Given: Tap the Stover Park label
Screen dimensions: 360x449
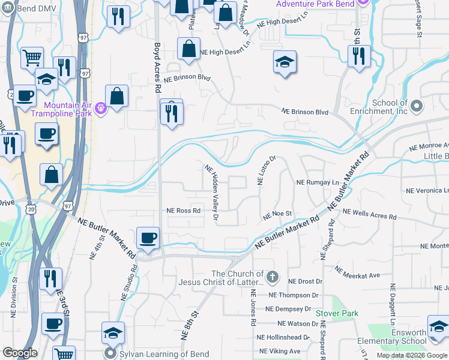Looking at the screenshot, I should pyautogui.click(x=337, y=313).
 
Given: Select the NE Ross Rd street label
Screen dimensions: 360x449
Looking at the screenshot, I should pyautogui.click(x=183, y=211).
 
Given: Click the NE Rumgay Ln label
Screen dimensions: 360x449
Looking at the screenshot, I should pyautogui.click(x=318, y=182).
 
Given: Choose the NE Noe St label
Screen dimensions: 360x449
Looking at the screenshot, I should pyautogui.click(x=277, y=214).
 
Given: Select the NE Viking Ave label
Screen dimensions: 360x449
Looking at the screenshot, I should pyautogui.click(x=279, y=351).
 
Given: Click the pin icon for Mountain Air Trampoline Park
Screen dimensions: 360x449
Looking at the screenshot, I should pyautogui.click(x=100, y=109).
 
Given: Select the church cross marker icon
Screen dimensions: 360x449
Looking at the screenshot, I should pyautogui.click(x=273, y=277).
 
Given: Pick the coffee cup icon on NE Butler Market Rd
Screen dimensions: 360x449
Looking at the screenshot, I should pyautogui.click(x=148, y=238).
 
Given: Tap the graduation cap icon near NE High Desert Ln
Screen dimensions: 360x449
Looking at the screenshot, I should pyautogui.click(x=285, y=62).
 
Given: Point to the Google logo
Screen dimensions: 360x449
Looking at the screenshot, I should pyautogui.click(x=20, y=353).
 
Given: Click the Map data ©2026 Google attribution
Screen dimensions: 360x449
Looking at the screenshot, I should pyautogui.click(x=412, y=355).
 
